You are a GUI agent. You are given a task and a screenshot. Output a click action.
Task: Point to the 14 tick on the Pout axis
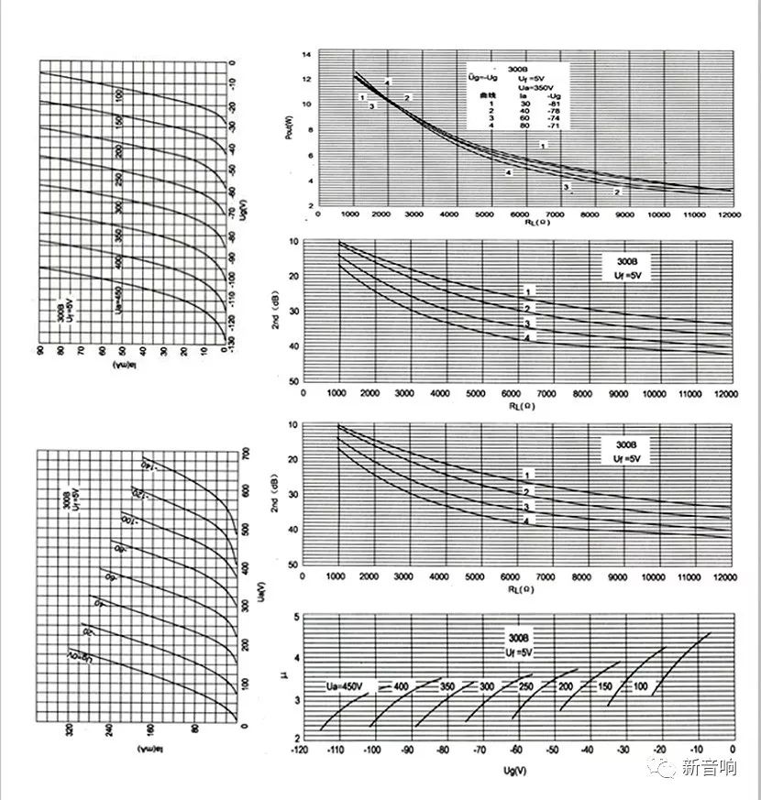pyautogui.click(x=308, y=55)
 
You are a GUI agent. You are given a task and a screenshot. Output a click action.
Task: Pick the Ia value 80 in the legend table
pyautogui.click(x=524, y=126)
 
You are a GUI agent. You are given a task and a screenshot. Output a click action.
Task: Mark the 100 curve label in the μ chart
pyautogui.click(x=639, y=686)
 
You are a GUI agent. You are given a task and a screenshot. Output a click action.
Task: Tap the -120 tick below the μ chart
pyautogui.click(x=298, y=749)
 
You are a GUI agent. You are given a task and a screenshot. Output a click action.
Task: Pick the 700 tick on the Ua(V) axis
pyautogui.click(x=245, y=454)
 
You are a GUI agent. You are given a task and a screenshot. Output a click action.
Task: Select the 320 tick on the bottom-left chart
pyautogui.click(x=70, y=730)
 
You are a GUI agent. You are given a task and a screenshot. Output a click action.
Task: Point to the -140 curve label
pyautogui.click(x=149, y=465)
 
